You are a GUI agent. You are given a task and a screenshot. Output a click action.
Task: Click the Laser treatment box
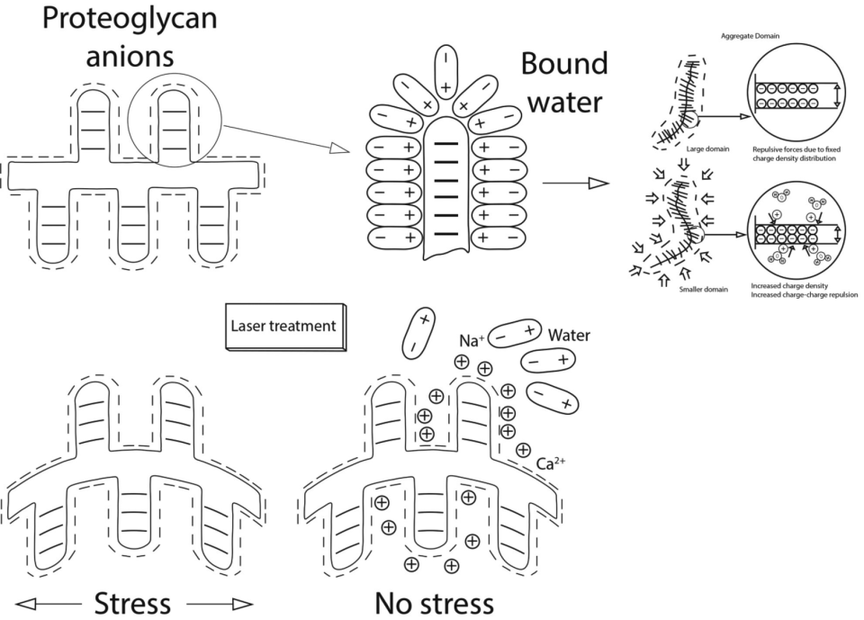(285, 326)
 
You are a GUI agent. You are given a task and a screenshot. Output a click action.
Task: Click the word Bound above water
(564, 65)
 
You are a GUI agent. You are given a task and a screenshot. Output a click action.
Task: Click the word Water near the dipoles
(567, 336)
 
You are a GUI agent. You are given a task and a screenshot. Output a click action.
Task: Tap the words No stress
(434, 600)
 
